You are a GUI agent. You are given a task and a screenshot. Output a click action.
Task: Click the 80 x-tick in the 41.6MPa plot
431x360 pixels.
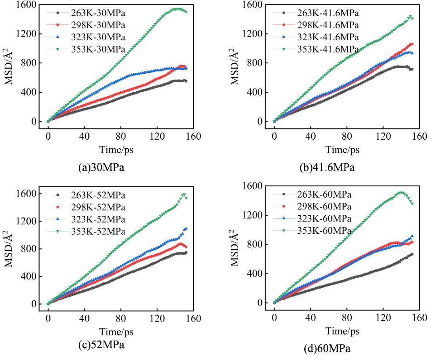coord(346,134)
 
